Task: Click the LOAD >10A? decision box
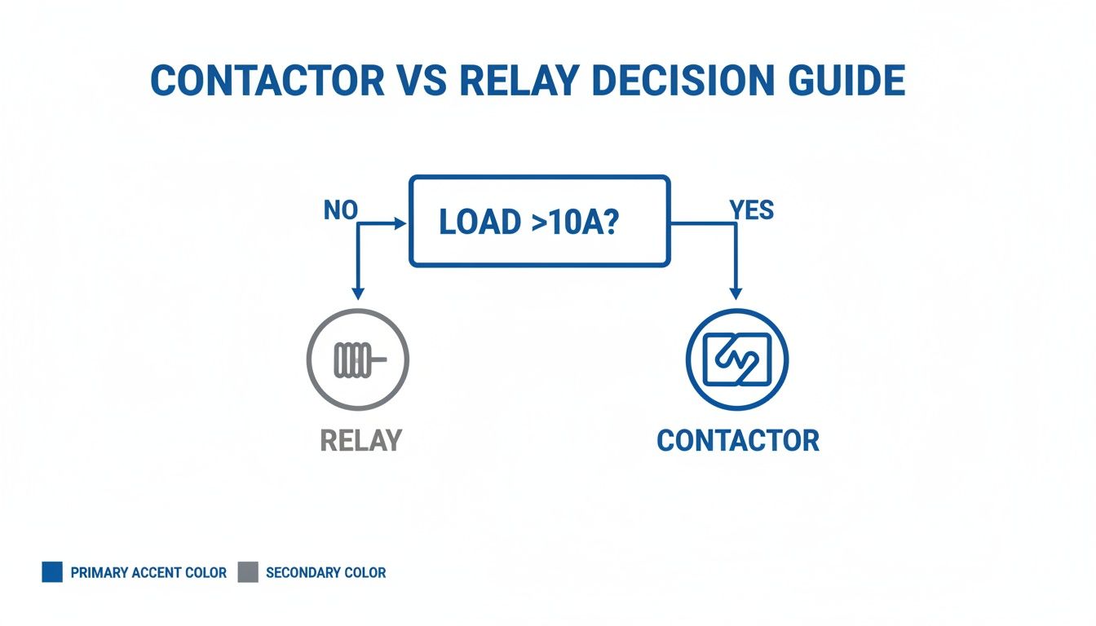point(539,221)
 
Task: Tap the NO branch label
point(340,210)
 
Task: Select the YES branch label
point(751,210)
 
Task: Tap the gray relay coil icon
point(357,359)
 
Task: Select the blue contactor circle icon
point(736,359)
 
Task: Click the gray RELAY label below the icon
point(361,440)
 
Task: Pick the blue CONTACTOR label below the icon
point(737,440)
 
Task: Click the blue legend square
point(52,572)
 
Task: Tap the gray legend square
point(248,572)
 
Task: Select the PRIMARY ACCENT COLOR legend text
point(148,573)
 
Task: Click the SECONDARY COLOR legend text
point(325,573)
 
